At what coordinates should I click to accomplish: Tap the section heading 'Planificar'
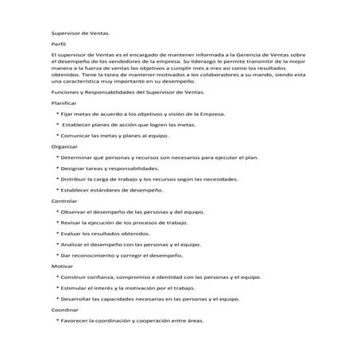[x=64, y=103]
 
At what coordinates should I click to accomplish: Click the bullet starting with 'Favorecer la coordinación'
[x=131, y=321]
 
